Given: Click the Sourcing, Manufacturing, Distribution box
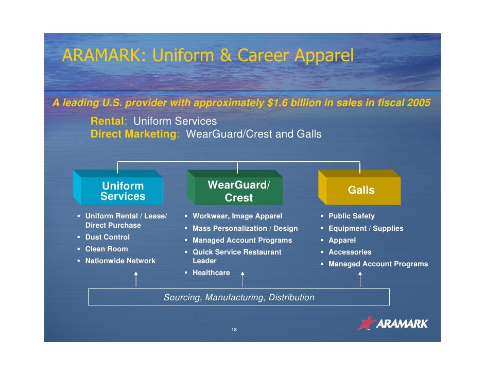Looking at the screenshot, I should point(238,297).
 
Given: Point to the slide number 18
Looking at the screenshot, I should point(234,330).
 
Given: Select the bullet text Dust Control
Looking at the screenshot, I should point(107,237).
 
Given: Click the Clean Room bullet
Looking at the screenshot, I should point(106,249).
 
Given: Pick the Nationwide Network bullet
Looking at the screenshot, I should point(120,261).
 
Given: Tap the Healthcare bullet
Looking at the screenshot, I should point(211,273).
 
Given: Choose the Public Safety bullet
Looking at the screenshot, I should point(351,216).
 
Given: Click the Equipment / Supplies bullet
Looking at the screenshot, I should point(366,229).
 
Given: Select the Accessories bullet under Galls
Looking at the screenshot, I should point(350,252).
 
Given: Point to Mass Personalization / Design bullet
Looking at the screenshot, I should point(245,229).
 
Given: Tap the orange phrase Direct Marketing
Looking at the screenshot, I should point(134,134).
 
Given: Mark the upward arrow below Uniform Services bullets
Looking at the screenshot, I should point(136,279).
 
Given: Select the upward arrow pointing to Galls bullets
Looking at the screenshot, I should point(360,279).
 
